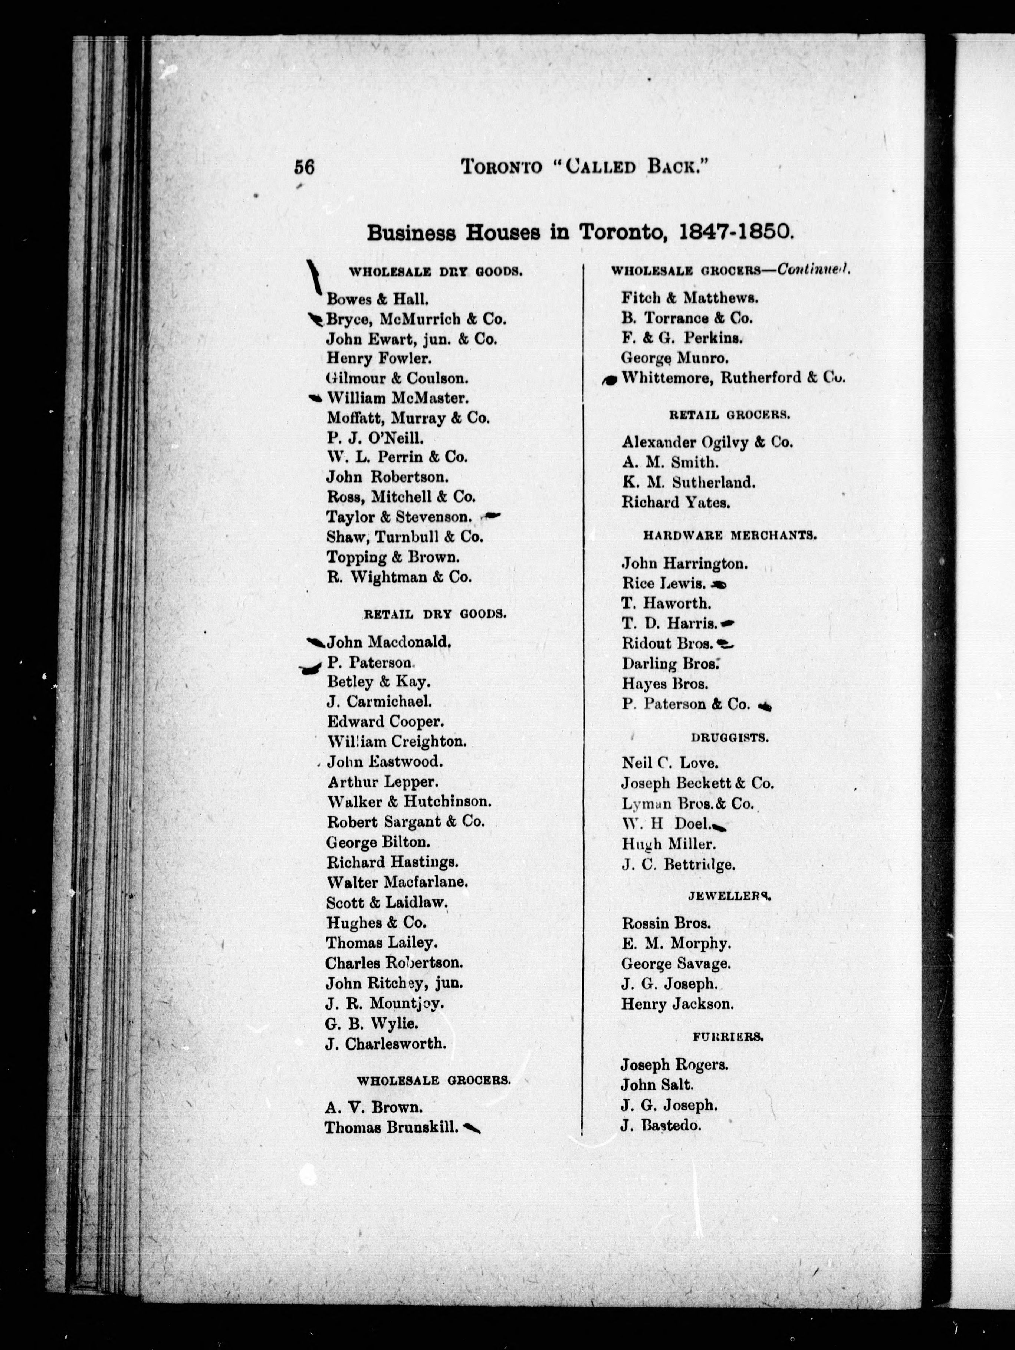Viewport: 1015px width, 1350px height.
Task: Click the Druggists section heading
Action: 729,737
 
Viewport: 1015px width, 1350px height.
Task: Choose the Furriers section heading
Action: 728,1036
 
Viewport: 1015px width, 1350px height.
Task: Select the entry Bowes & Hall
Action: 377,299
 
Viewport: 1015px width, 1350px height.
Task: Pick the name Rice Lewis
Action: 664,583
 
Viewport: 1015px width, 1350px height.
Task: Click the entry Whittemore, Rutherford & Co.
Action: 733,378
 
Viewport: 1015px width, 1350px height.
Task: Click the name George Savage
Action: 676,964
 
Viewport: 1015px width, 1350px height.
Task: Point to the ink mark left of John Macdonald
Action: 316,641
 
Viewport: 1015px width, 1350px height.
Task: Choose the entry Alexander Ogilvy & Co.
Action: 707,442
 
